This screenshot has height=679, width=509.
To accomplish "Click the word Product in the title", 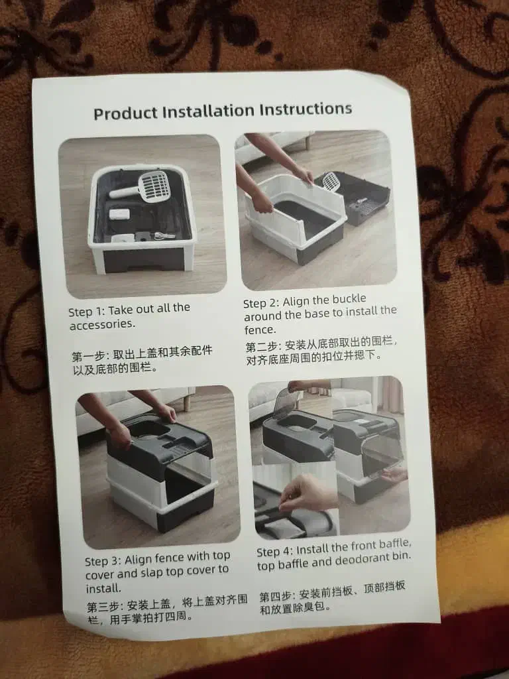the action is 125,113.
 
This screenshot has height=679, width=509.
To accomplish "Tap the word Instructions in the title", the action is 306,109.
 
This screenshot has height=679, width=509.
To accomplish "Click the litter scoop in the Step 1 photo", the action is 141,187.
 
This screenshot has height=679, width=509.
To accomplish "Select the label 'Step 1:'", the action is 87,312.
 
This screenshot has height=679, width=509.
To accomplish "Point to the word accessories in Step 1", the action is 102,324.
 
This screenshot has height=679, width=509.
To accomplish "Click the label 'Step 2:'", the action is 261,302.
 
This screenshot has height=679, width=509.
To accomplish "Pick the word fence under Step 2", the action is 260,330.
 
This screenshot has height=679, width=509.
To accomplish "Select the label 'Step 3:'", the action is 103,561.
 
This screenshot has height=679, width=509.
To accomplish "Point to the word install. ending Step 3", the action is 103,589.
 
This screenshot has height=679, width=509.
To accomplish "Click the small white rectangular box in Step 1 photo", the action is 119,214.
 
